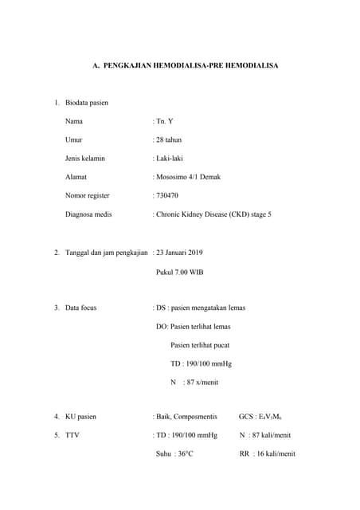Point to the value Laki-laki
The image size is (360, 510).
(169, 159)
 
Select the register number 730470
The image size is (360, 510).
(167, 195)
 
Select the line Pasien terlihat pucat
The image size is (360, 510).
(199, 345)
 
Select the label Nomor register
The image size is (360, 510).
(88, 195)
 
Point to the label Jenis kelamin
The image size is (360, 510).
(85, 159)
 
